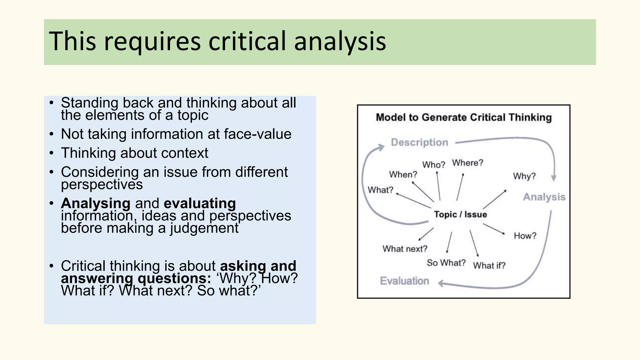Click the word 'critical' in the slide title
[x=247, y=41]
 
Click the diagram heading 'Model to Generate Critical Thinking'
[x=464, y=117]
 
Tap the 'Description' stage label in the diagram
[x=419, y=142]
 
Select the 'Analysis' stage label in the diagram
[x=544, y=197]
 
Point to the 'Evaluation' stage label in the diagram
[x=404, y=281]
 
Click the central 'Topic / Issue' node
[x=460, y=214]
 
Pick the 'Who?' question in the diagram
[x=433, y=165]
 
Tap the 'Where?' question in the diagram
[x=467, y=163]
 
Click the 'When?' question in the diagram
[x=403, y=174]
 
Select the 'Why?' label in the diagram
[x=524, y=176]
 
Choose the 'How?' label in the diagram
[x=525, y=236]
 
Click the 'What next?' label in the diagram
[x=405, y=249]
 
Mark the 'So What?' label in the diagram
[x=446, y=263]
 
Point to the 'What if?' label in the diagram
[x=489, y=266]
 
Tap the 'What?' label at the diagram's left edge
[x=380, y=190]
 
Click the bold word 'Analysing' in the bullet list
[x=96, y=203]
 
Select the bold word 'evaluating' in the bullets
[x=200, y=203]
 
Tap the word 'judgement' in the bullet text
[x=204, y=228]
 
